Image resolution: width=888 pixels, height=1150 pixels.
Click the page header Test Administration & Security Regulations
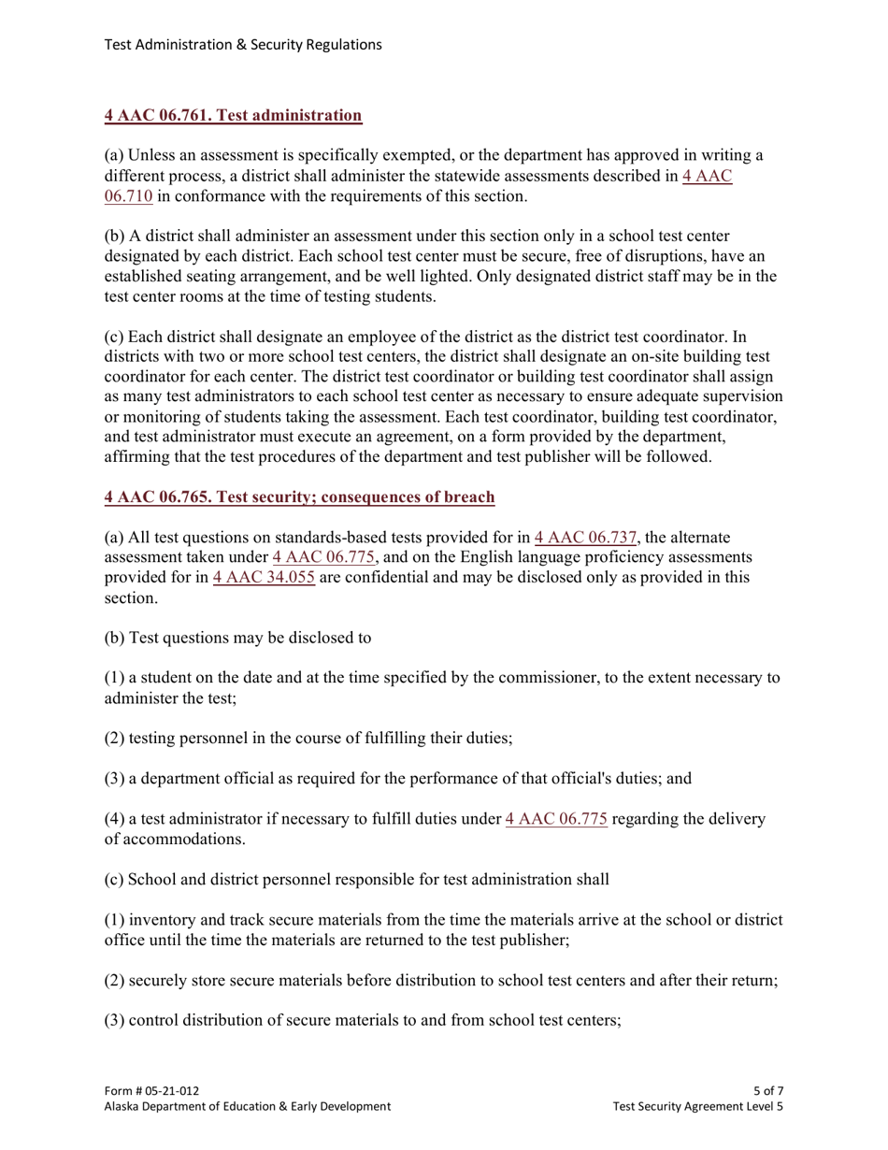(x=243, y=44)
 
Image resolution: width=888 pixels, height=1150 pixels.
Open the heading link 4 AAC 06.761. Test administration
(x=233, y=116)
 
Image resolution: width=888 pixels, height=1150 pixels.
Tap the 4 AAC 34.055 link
(x=264, y=578)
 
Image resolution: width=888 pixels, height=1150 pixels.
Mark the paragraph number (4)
(x=114, y=819)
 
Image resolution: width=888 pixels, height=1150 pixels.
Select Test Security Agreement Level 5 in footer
(x=697, y=1106)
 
